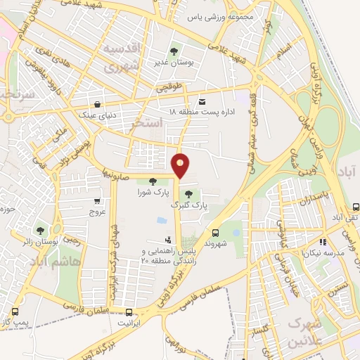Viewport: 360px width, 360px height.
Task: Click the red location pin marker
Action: (x=181, y=165)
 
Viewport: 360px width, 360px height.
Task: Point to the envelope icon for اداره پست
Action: (x=203, y=101)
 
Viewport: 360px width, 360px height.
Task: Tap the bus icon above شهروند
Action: (x=214, y=233)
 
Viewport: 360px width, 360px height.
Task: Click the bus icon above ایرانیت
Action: (x=129, y=312)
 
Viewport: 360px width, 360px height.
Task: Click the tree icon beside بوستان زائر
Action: (x=40, y=231)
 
